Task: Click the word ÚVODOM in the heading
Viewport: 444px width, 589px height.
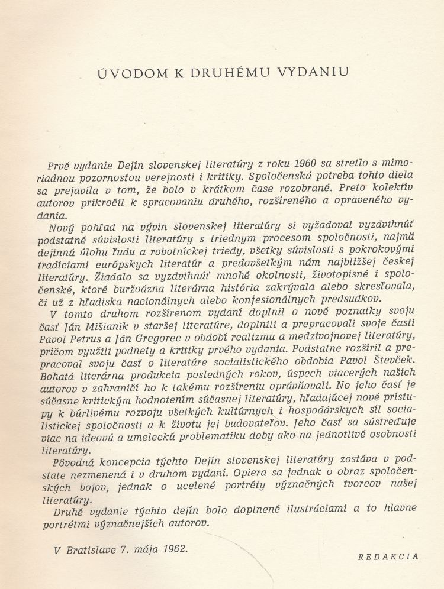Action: click(x=131, y=73)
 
